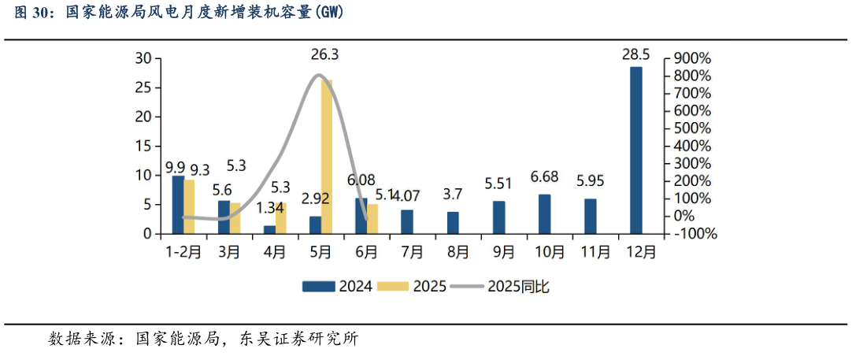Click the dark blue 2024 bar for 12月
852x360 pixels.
(x=635, y=150)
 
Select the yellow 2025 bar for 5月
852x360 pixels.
(x=326, y=157)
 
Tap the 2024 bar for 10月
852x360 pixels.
(x=544, y=214)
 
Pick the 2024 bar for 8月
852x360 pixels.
(x=453, y=223)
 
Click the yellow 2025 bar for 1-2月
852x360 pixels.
(x=189, y=207)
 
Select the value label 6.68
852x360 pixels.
(x=544, y=176)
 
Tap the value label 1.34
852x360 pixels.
(x=270, y=208)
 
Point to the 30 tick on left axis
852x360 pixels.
(x=143, y=58)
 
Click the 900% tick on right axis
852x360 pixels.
(x=693, y=58)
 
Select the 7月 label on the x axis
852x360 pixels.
(x=412, y=253)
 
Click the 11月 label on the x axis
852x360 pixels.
(x=595, y=253)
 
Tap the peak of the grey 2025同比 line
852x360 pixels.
(x=318, y=76)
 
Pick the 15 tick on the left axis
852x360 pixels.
(x=143, y=146)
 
